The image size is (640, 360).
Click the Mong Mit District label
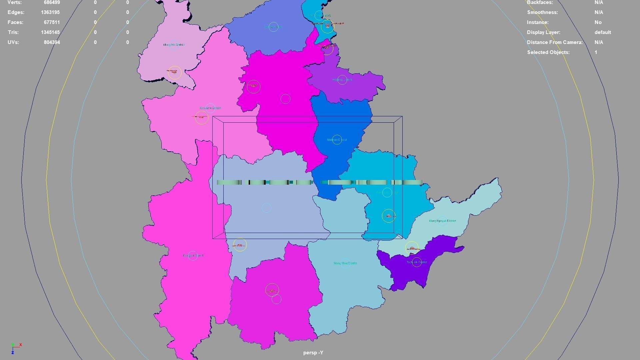tap(174, 45)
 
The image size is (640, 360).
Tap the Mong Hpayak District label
tap(442, 221)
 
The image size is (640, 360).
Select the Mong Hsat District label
tap(345, 263)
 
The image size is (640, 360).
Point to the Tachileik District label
tap(416, 262)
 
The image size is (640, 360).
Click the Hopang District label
tap(342, 80)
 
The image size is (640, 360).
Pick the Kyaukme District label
tap(210, 108)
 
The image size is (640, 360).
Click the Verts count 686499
tap(52, 2)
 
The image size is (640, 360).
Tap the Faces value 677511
tap(52, 22)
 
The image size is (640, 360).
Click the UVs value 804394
tap(52, 42)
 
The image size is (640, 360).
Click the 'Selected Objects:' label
tap(548, 52)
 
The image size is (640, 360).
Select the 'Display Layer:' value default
tap(602, 32)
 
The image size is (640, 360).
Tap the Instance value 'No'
tap(598, 22)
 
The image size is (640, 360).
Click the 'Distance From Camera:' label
tap(554, 42)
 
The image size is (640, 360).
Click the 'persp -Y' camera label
tap(313, 353)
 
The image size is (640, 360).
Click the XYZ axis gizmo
tap(15, 348)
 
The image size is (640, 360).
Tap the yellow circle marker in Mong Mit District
tap(174, 72)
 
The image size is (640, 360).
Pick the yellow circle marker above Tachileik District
tap(412, 248)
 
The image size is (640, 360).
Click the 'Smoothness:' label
tap(542, 12)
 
